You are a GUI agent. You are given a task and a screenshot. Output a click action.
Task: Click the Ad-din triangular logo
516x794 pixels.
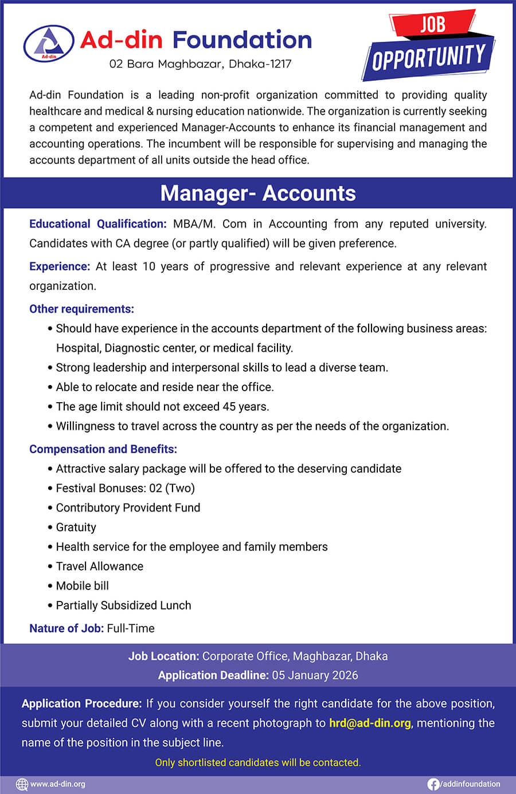pos(49,43)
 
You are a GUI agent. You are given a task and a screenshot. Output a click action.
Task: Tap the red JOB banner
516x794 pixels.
pos(433,24)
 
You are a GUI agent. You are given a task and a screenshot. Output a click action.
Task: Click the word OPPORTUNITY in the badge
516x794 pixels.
pos(429,57)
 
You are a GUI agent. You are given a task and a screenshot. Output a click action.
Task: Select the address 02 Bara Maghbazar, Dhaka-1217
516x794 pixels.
pos(200,64)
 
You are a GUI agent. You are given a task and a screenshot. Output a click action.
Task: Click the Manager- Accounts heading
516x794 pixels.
pos(258,193)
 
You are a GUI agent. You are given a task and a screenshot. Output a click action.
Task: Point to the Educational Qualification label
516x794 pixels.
pos(98,224)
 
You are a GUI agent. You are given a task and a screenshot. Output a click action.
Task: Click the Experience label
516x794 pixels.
pos(60,266)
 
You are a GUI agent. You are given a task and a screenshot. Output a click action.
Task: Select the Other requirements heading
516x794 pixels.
pos(81,309)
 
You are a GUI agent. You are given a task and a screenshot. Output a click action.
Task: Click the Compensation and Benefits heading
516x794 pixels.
pos(103,449)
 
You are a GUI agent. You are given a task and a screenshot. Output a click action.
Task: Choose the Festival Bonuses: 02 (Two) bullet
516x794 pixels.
pos(125,488)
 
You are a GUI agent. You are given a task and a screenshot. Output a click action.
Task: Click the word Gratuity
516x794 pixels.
pos(76,527)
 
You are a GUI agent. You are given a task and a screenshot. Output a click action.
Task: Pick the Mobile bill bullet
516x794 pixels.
pos(82,585)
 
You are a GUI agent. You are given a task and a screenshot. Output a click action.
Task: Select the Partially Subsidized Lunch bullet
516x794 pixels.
pos(123,605)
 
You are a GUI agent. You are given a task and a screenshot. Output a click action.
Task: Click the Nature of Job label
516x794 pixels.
pos(67,628)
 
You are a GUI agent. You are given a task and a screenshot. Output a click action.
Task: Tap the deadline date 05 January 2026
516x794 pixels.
pos(315,675)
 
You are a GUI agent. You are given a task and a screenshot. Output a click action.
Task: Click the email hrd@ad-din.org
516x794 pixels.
pos(370,723)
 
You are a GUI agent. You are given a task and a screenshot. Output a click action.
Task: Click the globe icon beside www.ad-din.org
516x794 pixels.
pos(22,784)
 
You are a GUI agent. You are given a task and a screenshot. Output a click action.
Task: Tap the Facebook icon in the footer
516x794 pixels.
pos(433,784)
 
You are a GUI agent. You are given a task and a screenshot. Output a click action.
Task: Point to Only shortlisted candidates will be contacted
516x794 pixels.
pos(258,762)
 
